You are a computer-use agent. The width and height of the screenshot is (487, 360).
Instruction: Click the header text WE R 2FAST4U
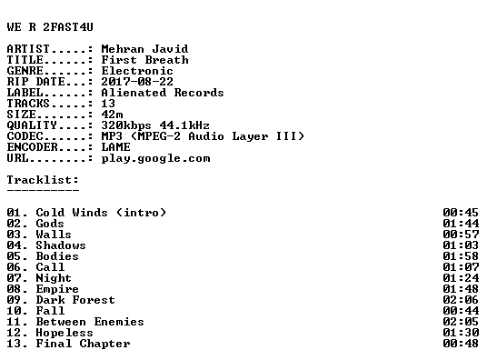pos(50,27)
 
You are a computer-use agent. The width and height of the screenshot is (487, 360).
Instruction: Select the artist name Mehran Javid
pos(144,49)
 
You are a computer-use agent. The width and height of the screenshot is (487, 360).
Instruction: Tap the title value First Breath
pos(144,60)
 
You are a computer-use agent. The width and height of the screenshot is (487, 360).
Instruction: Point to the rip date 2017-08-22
pos(137,82)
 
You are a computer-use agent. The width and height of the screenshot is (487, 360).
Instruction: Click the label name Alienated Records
pos(163,93)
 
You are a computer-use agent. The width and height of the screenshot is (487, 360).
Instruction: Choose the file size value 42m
pos(112,115)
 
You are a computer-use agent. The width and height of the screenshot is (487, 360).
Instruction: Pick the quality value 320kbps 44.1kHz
pos(155,125)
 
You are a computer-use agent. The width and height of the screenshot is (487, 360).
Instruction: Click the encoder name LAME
pos(116,147)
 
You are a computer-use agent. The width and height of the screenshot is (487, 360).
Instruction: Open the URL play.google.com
pos(155,158)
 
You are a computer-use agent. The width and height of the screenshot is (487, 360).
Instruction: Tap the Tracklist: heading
pos(43,180)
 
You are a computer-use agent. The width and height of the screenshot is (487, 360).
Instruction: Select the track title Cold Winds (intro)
pos(101,213)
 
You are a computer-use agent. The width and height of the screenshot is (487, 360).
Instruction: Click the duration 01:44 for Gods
pos(461,224)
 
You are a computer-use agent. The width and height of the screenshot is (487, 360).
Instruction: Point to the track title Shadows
pos(61,245)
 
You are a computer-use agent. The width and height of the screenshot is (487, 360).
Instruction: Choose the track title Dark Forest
pos(75,300)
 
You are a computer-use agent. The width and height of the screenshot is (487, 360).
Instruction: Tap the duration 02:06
pos(461,300)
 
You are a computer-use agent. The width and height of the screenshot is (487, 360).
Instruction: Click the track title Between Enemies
pos(90,322)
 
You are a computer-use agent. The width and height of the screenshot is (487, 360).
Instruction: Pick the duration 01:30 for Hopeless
pos(461,333)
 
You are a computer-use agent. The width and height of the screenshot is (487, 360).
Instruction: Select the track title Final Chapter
pos(83,344)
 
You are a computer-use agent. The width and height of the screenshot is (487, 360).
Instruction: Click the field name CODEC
pos(25,136)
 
